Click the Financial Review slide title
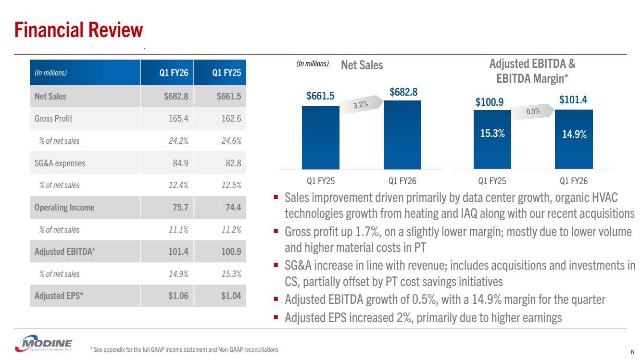pos(79,30)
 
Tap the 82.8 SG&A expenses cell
pos(232,163)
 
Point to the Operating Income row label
pos(64,208)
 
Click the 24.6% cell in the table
pos(230,141)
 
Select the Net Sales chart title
pos(362,65)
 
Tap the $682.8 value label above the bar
pos(402,92)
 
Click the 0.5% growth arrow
pos(533,111)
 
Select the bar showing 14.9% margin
pos(574,139)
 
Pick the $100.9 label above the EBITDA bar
pos(490,102)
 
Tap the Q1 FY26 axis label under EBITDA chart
pos(574,181)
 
